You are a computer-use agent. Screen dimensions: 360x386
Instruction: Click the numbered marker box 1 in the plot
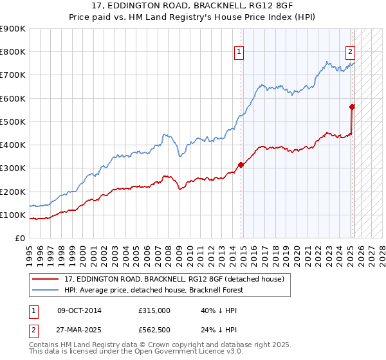pyautogui.click(x=239, y=53)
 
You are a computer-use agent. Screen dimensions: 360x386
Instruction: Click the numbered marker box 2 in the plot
pyautogui.click(x=350, y=53)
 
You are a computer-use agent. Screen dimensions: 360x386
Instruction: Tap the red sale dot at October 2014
pyautogui.click(x=241, y=165)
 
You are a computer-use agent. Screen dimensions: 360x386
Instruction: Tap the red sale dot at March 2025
pyautogui.click(x=353, y=107)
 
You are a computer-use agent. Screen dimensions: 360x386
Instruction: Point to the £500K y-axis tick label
pyautogui.click(x=13, y=122)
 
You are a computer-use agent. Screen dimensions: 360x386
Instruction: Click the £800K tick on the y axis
pyautogui.click(x=13, y=52)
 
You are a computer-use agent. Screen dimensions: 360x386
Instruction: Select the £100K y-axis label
pyautogui.click(x=13, y=215)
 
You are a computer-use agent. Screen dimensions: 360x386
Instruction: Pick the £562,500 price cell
pyautogui.click(x=154, y=329)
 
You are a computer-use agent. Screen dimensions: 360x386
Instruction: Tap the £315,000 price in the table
pyautogui.click(x=154, y=310)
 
